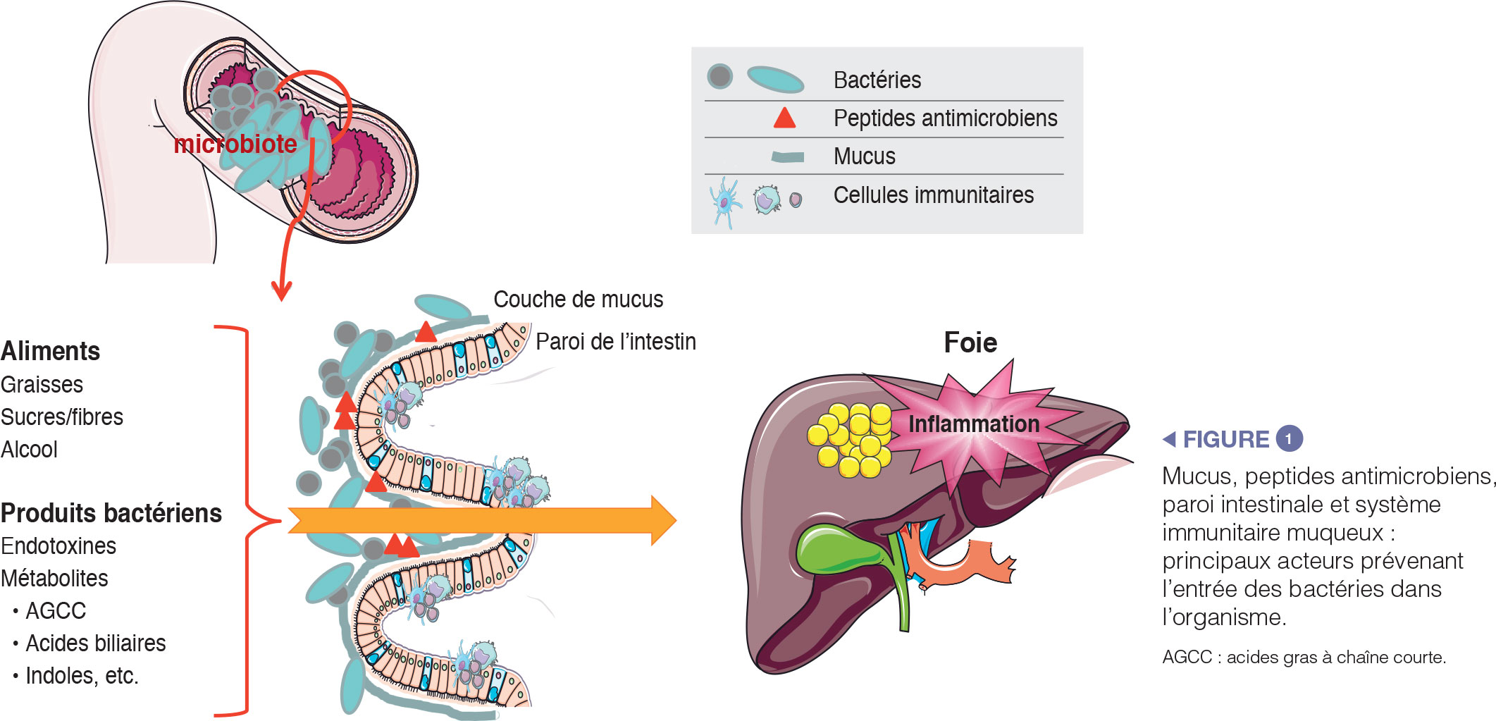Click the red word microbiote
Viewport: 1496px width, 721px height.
tap(235, 144)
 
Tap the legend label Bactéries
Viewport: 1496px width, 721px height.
tap(877, 80)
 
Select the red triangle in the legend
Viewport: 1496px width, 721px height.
tap(784, 118)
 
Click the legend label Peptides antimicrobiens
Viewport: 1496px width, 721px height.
tap(945, 118)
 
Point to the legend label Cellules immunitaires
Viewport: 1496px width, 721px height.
tap(933, 195)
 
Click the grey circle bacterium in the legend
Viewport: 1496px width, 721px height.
tap(719, 76)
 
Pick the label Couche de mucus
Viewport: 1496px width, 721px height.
tap(578, 300)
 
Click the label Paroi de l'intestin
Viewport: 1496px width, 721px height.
tap(615, 342)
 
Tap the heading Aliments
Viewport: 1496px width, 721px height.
tap(51, 351)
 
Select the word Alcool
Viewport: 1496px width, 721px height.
tap(29, 450)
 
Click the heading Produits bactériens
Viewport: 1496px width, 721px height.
tap(111, 513)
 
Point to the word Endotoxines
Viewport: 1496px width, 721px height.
tap(58, 546)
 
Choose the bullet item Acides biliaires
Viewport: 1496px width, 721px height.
tap(95, 643)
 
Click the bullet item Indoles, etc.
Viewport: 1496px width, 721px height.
tap(82, 676)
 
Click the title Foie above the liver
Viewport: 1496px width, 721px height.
tap(970, 343)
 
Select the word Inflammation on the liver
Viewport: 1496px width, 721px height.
tap(974, 424)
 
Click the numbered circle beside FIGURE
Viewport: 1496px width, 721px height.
tap(1289, 439)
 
